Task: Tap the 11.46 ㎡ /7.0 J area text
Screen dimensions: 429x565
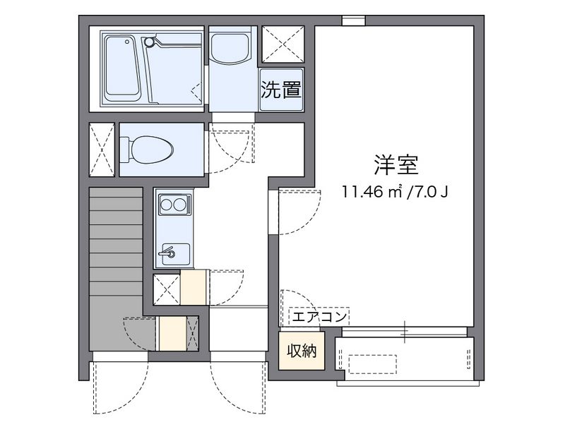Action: tap(395, 191)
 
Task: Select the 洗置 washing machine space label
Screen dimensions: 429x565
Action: tap(281, 90)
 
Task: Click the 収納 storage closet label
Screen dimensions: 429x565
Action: tap(301, 350)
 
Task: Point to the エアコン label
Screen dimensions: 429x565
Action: tap(319, 317)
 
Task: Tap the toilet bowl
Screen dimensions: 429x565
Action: tap(148, 149)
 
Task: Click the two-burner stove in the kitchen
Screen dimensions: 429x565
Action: tap(174, 206)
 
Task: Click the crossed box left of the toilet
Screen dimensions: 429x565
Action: tap(102, 149)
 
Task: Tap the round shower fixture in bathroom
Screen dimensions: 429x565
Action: tap(149, 42)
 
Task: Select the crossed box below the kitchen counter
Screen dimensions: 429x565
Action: tap(167, 289)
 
